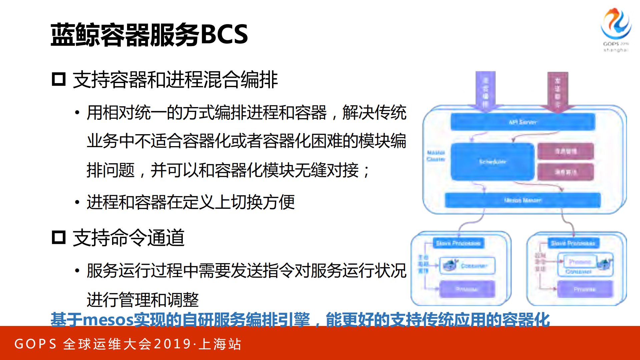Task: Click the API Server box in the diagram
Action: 523,122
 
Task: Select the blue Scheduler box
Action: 492,162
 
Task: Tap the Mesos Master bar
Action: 523,200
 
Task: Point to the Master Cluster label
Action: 436,156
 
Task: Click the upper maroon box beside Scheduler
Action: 566,151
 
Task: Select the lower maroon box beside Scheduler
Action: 566,172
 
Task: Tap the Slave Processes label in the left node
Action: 458,243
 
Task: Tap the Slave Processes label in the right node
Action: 573,243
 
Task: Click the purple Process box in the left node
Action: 467,289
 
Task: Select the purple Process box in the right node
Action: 585,289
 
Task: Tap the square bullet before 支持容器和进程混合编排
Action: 59,79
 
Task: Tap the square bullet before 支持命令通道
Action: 59,238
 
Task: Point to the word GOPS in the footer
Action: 36,344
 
